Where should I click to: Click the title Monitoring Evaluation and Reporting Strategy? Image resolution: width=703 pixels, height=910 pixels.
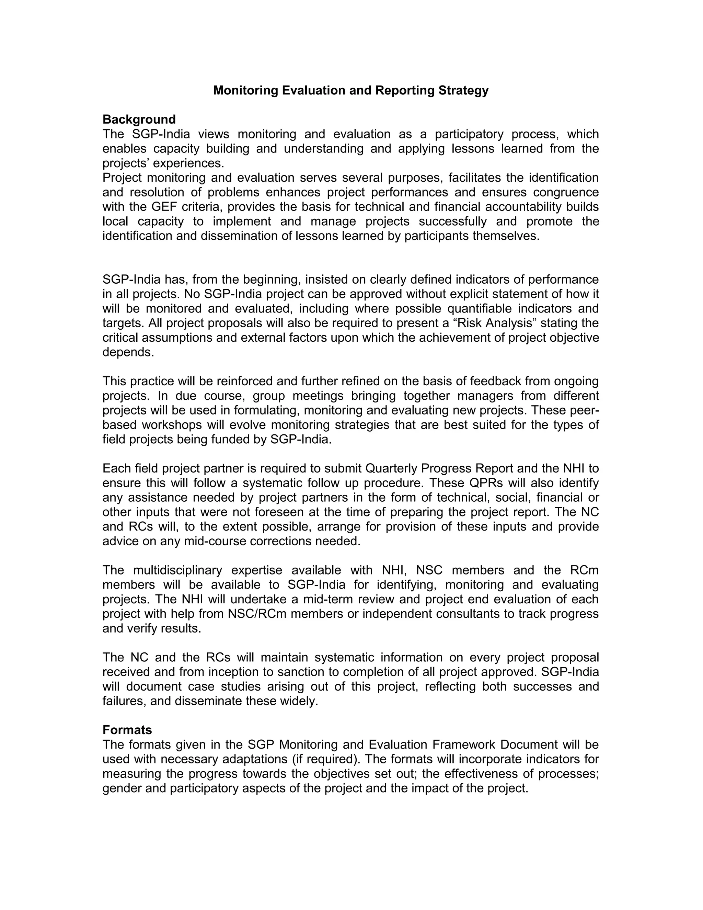351,90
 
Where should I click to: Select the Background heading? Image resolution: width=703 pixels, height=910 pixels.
139,120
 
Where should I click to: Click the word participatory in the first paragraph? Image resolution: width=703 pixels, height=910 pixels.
469,134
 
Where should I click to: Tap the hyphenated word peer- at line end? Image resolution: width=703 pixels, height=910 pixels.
585,410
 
